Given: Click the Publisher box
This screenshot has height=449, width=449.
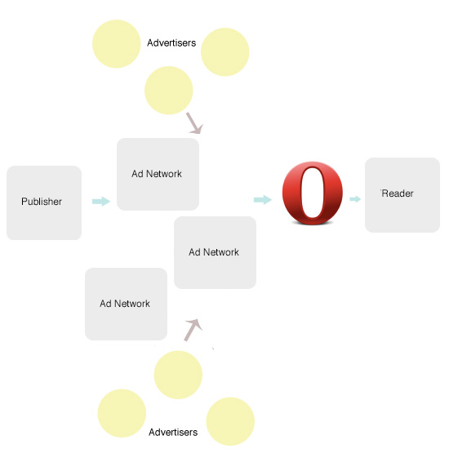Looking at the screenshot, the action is [44, 202].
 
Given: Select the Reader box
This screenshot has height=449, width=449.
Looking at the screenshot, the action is [402, 195].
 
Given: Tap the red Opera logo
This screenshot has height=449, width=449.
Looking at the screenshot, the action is [313, 193].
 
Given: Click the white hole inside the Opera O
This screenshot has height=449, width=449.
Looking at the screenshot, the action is [312, 193].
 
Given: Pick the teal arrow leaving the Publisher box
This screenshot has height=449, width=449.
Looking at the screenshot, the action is [101, 202].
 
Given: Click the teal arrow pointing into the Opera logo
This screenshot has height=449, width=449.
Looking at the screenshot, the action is [263, 199].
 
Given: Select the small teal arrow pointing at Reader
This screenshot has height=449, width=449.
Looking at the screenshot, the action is [355, 199].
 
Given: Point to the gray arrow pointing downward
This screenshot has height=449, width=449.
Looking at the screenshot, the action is [195, 123].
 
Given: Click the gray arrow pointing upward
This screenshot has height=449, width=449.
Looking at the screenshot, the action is [193, 330].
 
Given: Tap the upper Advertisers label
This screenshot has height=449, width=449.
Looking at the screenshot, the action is [171, 43].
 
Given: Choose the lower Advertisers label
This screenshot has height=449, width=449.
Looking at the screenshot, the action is [173, 432].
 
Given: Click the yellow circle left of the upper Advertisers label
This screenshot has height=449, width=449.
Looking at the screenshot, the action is [117, 44].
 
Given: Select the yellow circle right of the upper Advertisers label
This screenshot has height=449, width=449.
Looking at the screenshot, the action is [225, 51].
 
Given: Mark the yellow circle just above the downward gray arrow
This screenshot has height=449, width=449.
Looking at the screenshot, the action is [169, 91].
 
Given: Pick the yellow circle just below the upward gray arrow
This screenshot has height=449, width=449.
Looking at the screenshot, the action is [178, 375].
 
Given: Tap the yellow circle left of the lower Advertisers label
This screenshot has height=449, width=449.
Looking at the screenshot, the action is [122, 413].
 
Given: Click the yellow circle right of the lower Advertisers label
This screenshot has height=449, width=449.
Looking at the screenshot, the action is [230, 421].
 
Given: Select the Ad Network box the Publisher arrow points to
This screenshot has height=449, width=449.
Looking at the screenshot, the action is [158, 175].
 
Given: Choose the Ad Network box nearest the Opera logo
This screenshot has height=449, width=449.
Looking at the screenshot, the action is [215, 252].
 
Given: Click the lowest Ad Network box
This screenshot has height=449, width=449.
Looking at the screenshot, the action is [126, 305].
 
